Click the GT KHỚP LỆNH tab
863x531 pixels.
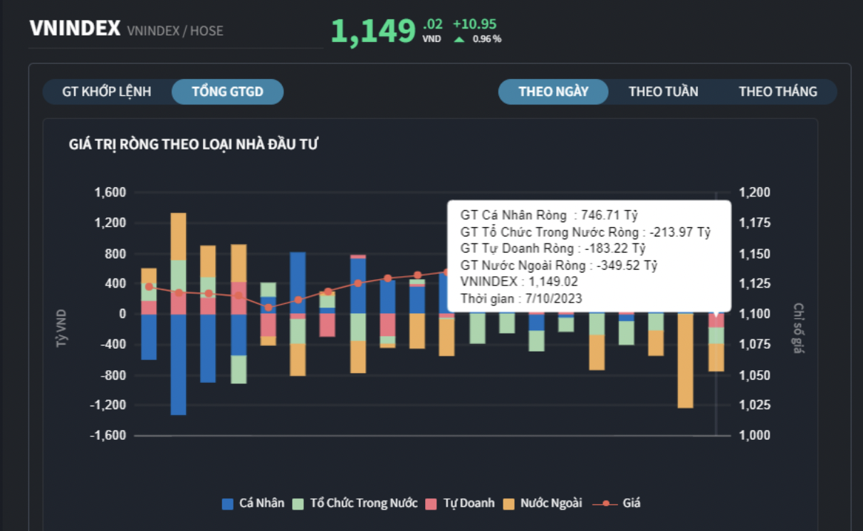(107, 92)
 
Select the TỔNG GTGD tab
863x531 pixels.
(227, 92)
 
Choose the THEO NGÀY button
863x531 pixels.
(553, 92)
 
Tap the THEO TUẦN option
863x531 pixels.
(663, 92)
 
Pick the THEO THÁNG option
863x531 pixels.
(778, 92)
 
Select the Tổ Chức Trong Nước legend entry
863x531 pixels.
(355, 503)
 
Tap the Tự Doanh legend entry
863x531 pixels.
(460, 503)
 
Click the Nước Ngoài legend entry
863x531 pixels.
(543, 503)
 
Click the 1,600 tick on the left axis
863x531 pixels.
(110, 192)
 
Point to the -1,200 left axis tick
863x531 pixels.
(108, 405)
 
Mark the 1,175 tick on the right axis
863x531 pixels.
(754, 223)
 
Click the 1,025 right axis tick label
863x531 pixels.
(754, 405)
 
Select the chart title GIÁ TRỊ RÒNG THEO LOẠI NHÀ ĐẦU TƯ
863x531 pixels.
(193, 145)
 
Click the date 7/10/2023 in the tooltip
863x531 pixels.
(554, 298)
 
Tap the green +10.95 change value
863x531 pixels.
(474, 23)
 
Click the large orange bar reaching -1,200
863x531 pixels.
(686, 360)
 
